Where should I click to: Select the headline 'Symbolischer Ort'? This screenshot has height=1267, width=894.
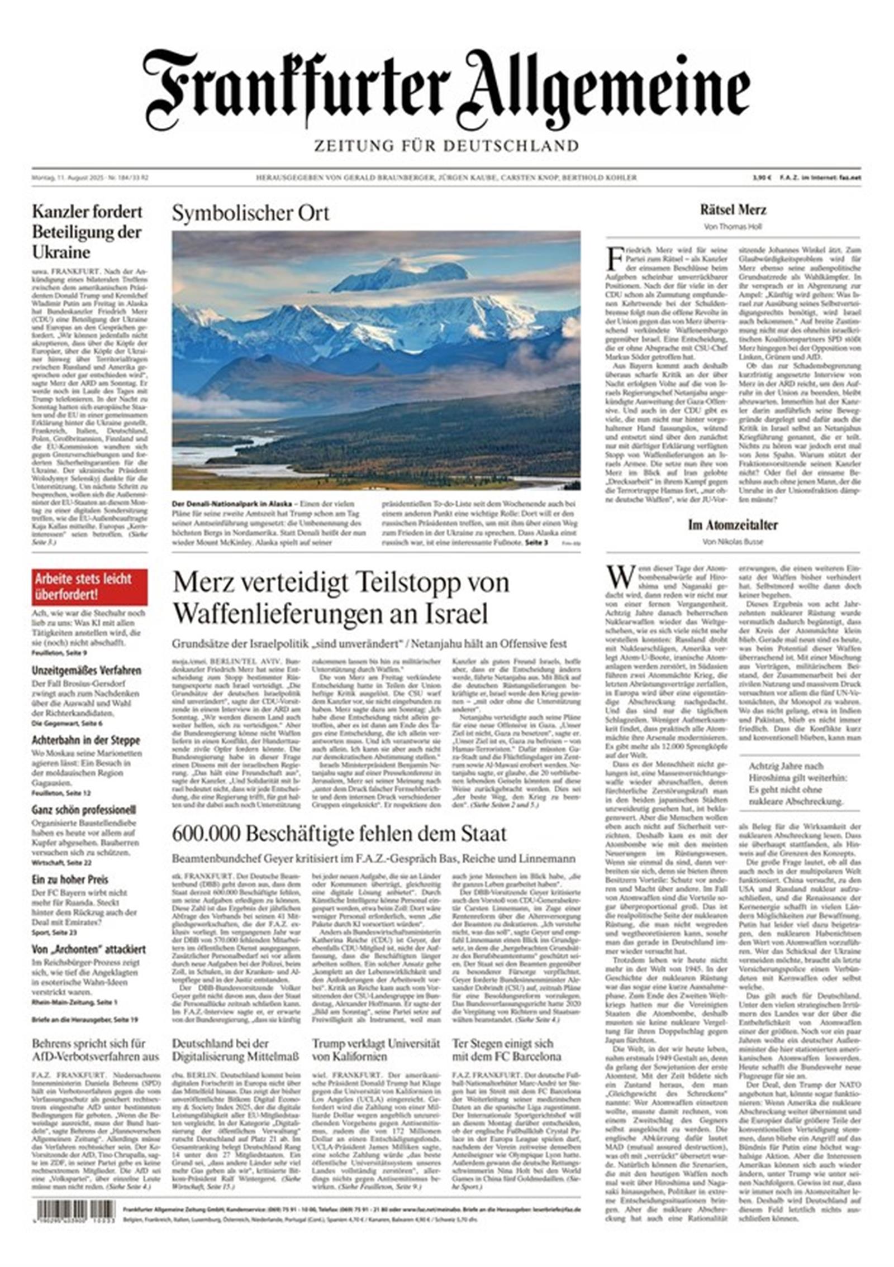(250, 213)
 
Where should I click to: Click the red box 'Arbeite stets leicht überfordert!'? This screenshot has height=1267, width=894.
(89, 586)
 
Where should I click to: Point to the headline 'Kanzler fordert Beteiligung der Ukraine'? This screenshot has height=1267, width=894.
(87, 232)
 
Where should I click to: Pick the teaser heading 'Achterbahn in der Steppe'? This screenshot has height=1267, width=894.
(86, 740)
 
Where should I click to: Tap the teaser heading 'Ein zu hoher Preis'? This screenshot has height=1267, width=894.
(70, 879)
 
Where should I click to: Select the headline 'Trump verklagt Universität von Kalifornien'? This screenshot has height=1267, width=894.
(375, 1050)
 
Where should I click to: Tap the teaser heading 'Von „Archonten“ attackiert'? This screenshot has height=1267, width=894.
(89, 949)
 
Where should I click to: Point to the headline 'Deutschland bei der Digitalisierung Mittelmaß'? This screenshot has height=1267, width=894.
(235, 1050)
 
